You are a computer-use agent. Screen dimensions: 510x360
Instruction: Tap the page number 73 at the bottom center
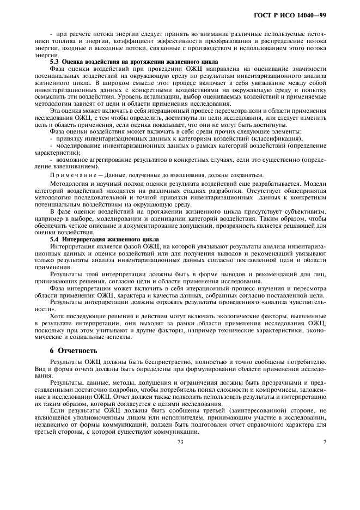click(180, 442)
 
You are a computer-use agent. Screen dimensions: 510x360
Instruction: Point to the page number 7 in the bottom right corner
click(324, 442)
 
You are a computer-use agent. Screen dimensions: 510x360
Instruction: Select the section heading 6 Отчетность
click(73, 350)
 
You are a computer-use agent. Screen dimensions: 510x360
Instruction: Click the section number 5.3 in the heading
click(54, 62)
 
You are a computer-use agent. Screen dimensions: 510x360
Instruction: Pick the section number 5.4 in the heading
click(54, 239)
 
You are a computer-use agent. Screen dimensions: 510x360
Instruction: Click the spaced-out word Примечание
click(69, 175)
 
